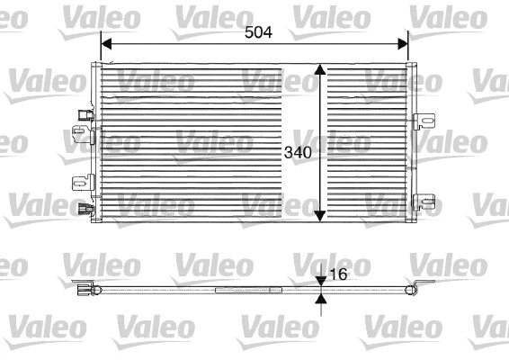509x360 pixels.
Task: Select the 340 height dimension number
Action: (x=298, y=152)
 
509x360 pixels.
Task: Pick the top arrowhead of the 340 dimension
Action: (x=320, y=69)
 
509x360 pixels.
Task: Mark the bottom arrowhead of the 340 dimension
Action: (x=320, y=216)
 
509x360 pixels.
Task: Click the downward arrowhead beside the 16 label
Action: (x=321, y=282)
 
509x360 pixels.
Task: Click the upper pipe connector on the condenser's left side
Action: (x=85, y=114)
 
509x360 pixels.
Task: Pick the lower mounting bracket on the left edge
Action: (x=79, y=184)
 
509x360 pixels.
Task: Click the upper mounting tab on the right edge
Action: (x=424, y=120)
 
